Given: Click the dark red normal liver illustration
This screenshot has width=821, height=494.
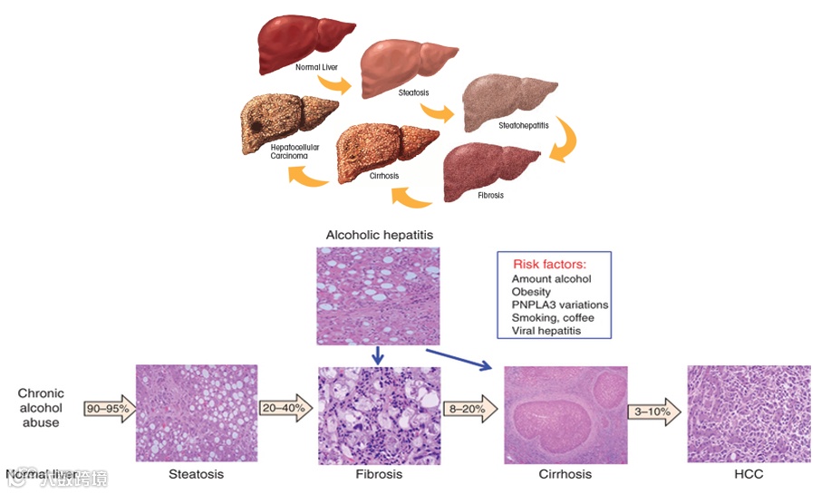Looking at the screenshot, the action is [304, 41].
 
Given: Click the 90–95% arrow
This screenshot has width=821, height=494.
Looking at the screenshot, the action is [108, 409].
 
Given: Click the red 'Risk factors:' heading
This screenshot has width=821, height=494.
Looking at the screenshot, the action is [551, 265].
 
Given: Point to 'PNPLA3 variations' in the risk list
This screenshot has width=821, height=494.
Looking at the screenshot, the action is [559, 305].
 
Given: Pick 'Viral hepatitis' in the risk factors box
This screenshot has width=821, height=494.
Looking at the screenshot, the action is [546, 330].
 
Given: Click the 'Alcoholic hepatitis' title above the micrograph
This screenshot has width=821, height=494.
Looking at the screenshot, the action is [380, 235].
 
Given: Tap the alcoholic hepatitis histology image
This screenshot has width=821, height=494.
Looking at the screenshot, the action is [378, 295].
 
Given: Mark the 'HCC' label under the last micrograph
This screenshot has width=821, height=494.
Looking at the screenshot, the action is [748, 474].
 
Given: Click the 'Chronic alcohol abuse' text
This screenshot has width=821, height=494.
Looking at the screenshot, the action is [41, 408].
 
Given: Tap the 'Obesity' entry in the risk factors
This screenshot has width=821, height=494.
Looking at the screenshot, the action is [532, 292].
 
